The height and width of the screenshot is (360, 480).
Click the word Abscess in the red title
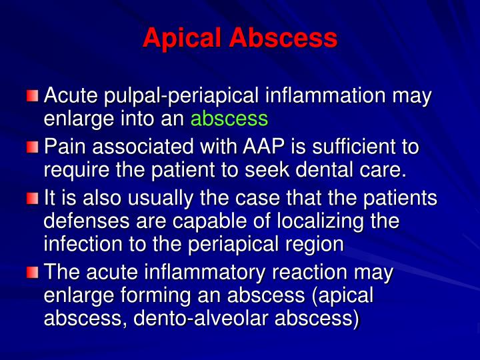tap(283, 38)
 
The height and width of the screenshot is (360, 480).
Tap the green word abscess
tap(229, 119)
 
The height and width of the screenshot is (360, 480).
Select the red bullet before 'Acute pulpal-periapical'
tap(33, 97)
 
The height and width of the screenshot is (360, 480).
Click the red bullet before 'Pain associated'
tap(33, 147)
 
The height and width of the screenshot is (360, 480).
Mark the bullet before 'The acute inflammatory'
tap(33, 273)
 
